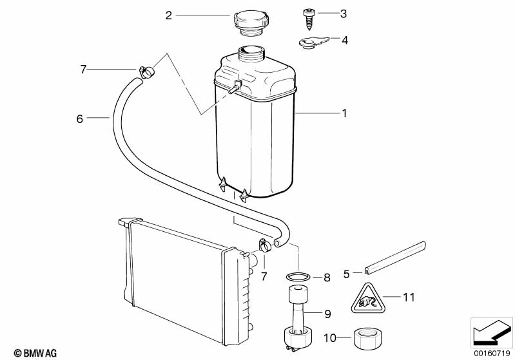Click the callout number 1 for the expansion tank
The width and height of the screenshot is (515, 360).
point(344,113)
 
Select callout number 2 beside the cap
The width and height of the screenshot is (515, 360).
point(169,15)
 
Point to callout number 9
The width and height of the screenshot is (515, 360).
point(327,314)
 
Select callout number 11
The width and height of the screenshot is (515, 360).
point(409,298)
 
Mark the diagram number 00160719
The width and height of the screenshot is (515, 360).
point(492,353)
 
